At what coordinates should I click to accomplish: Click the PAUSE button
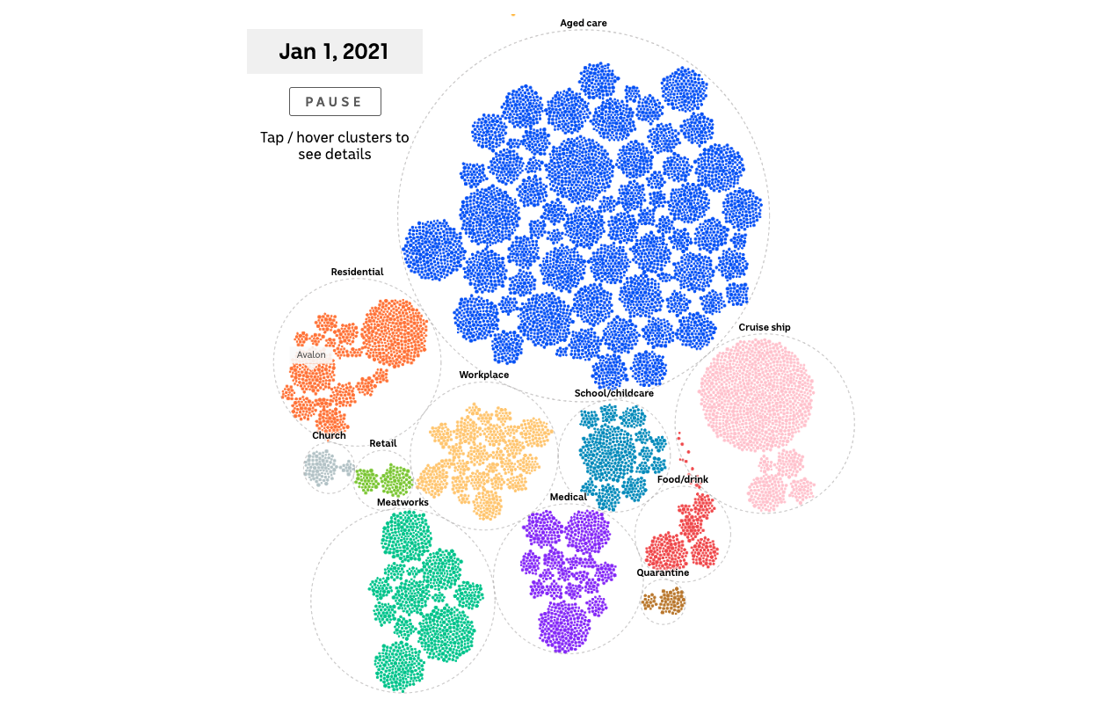tap(335, 101)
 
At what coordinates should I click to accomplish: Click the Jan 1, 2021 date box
tap(334, 51)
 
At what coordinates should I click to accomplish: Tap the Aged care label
tap(584, 23)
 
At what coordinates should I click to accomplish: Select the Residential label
tap(357, 272)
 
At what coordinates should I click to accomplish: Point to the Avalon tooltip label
tap(311, 355)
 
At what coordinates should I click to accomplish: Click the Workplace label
tap(483, 375)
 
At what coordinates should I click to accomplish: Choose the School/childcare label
tap(613, 393)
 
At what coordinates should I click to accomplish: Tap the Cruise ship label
tap(764, 327)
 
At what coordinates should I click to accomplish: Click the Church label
tap(329, 435)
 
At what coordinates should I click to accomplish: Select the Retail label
tap(382, 443)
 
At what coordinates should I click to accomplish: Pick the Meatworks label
tap(403, 502)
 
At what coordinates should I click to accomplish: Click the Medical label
tap(568, 497)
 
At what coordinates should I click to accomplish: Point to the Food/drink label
tap(682, 479)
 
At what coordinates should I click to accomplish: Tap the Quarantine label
tap(663, 572)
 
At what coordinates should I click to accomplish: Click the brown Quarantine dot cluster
tap(671, 601)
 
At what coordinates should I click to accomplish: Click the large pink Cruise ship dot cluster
tap(755, 396)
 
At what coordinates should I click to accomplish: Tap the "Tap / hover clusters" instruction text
tap(334, 146)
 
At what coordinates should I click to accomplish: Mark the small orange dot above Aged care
tap(513, 14)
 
